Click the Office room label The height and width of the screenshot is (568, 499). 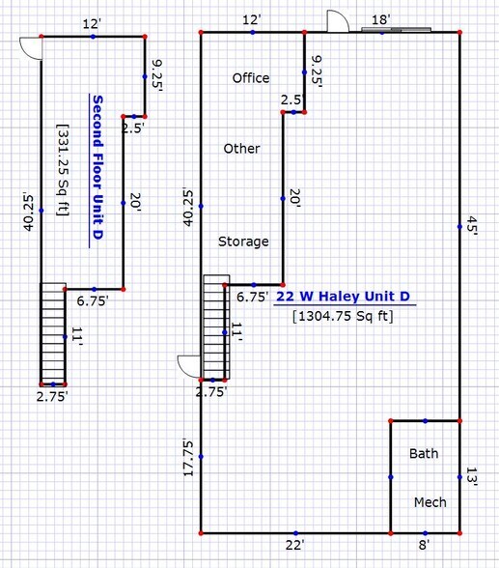click(x=251, y=78)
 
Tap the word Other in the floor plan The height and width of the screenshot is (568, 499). click(x=241, y=149)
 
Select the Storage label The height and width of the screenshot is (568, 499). click(x=242, y=241)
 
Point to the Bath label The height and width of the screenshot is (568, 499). click(x=424, y=453)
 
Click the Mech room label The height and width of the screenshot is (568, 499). click(x=430, y=502)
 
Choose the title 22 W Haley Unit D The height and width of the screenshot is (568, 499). click(x=343, y=297)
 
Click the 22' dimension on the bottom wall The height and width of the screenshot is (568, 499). click(x=294, y=545)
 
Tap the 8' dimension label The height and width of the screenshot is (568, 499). click(x=425, y=545)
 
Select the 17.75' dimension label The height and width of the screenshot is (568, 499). click(x=189, y=458)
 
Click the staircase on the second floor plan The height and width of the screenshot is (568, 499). click(x=53, y=333)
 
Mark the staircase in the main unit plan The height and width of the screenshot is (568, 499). click(x=216, y=327)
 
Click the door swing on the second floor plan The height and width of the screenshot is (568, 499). click(x=31, y=46)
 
